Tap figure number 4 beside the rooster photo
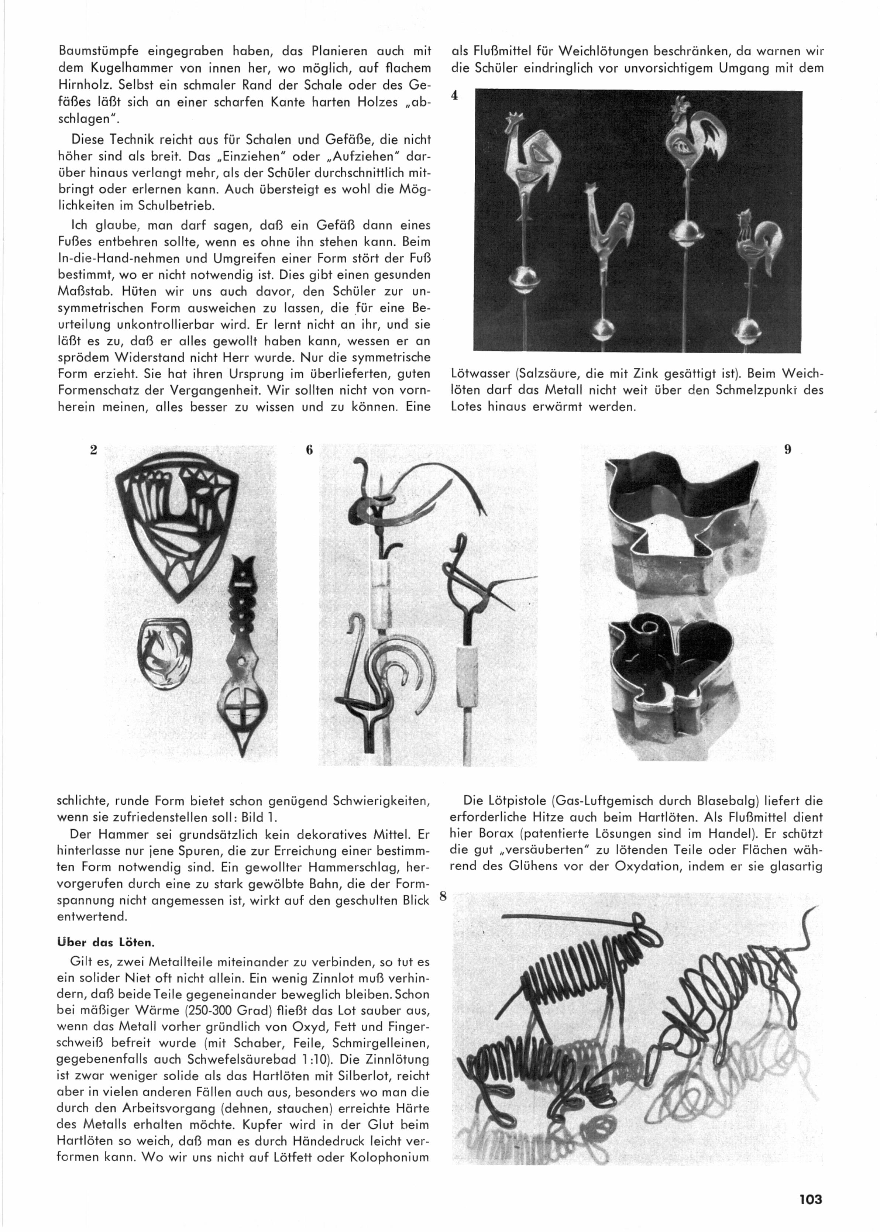(x=455, y=95)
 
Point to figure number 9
(x=788, y=448)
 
